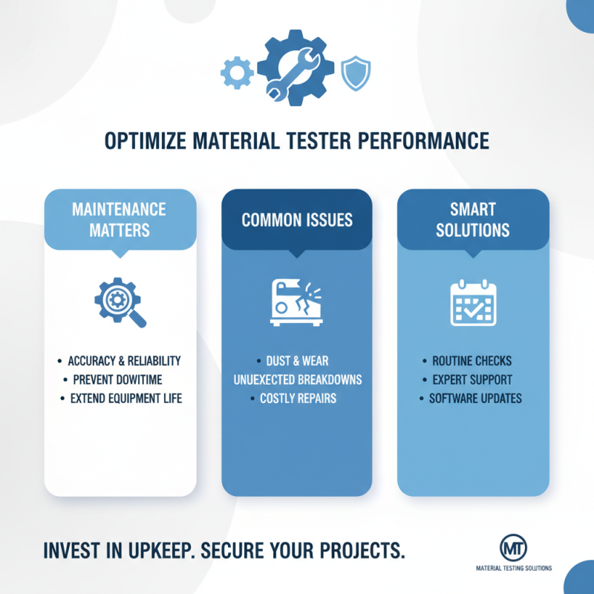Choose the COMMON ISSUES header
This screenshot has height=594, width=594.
(x=297, y=220)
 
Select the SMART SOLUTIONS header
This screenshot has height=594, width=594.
(x=473, y=219)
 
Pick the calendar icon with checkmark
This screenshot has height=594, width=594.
(x=473, y=303)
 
